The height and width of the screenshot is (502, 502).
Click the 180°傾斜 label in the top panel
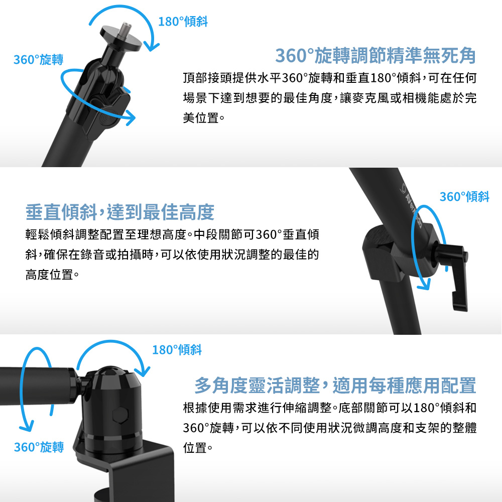183,22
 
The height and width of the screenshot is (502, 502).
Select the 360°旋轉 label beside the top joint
39,60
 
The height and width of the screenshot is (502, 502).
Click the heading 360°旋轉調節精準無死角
375,55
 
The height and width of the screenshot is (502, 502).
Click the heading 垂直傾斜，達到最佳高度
120,212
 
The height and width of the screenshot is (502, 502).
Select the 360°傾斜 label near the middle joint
464,197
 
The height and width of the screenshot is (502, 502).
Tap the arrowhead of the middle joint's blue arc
424,285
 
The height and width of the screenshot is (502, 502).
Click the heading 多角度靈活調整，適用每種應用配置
335,385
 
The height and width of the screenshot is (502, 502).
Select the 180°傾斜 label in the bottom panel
177,349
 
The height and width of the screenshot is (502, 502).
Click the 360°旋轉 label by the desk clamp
39,447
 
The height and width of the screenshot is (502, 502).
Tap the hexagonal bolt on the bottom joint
120,416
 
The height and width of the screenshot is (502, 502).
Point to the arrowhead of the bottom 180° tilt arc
143,371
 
